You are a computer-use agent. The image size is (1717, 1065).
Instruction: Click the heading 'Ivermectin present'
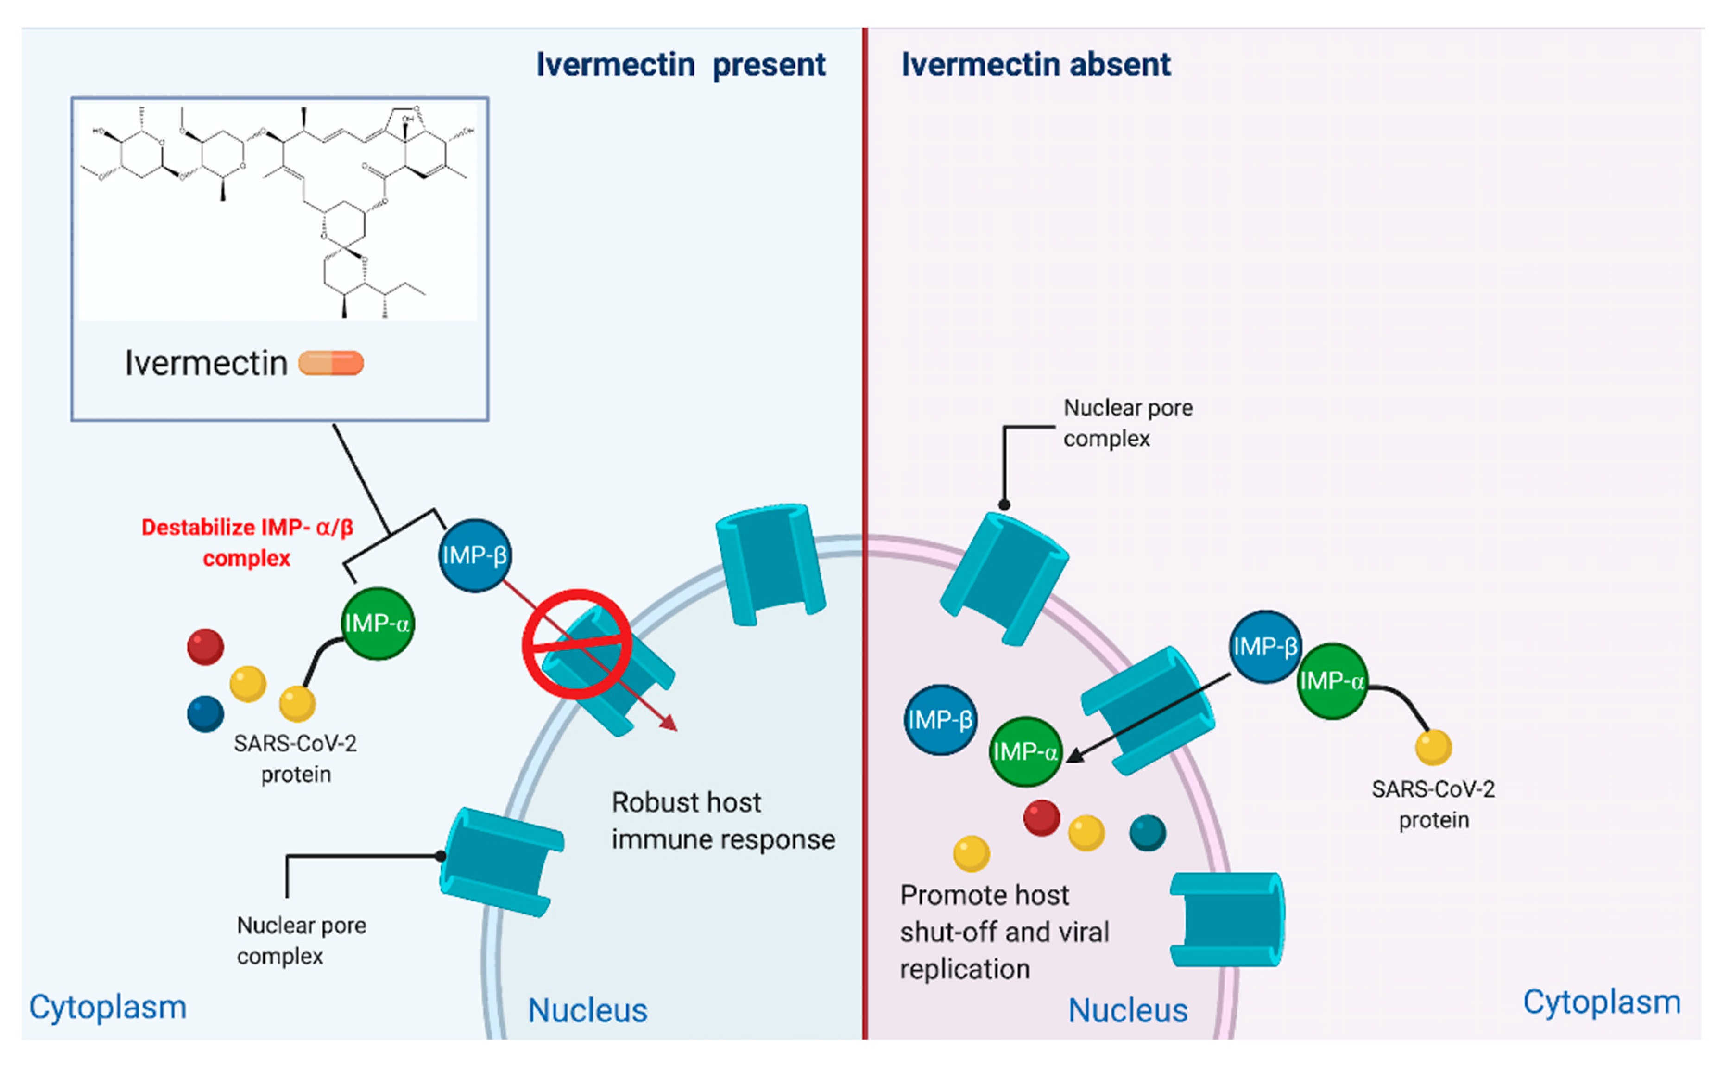point(680,65)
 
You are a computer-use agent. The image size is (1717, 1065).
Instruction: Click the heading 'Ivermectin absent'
point(1035,65)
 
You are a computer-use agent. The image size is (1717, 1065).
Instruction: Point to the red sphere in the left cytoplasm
point(205,647)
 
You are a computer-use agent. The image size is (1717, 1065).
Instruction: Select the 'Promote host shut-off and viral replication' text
point(1004,932)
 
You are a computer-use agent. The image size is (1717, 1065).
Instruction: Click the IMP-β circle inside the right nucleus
point(940,720)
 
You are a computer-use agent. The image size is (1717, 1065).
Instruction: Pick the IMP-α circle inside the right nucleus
point(1025,751)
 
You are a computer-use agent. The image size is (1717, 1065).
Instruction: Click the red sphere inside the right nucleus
point(1041,818)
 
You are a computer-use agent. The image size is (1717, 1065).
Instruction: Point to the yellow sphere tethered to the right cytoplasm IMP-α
point(1433,747)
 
